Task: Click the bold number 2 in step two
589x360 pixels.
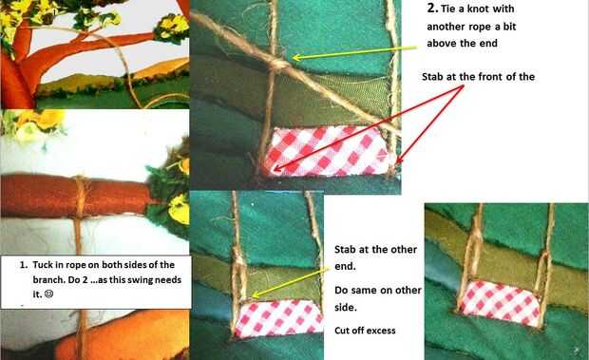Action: tap(432, 9)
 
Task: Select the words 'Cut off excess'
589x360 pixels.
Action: tap(365, 331)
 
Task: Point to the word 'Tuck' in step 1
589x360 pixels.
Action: tap(42, 265)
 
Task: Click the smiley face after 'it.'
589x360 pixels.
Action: tap(48, 294)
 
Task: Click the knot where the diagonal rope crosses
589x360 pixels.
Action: tap(277, 65)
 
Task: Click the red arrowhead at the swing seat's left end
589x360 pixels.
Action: tap(276, 168)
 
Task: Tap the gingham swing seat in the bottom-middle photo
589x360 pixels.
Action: tap(279, 318)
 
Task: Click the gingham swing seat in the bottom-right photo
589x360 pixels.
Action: tap(500, 303)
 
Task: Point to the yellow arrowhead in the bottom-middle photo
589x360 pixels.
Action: tap(255, 295)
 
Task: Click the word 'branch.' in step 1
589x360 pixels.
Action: tap(47, 280)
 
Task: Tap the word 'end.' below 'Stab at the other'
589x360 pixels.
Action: tap(345, 267)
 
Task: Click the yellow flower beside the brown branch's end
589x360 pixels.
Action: tap(179, 210)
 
